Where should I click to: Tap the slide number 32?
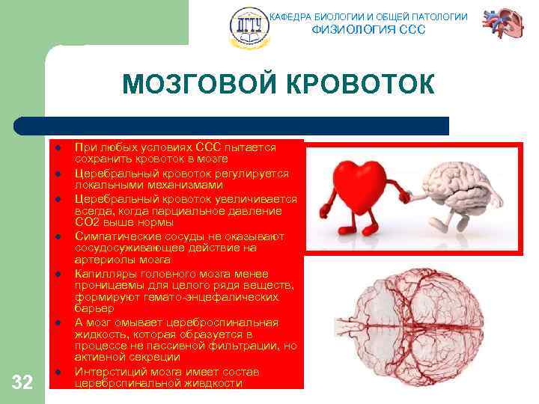tap(22, 384)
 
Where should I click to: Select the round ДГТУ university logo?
tap(248, 27)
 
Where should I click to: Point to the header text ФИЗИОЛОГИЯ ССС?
tap(368, 30)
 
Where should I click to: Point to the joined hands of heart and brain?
tap(405, 197)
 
